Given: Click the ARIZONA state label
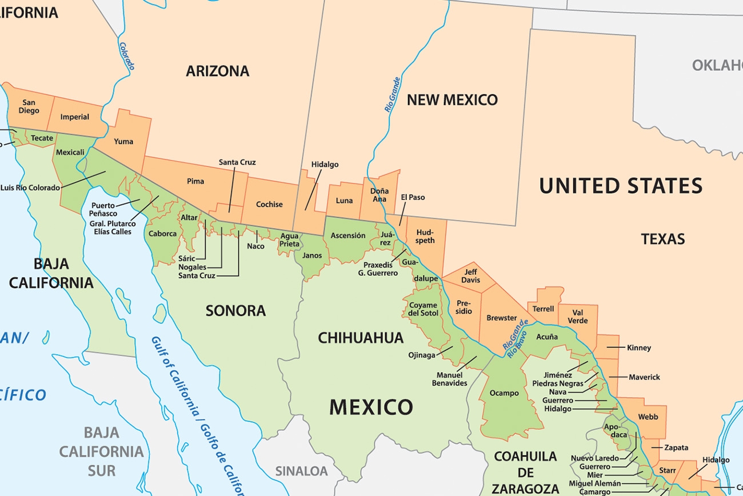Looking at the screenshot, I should [x=217, y=71].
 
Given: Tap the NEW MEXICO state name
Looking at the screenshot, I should [x=452, y=100].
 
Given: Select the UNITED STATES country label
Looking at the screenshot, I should [x=621, y=186].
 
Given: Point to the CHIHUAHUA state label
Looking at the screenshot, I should [x=361, y=338].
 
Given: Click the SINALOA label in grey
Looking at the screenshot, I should [x=302, y=471].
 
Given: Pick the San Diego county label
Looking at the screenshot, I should [x=29, y=106].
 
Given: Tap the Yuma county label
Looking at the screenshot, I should [x=123, y=141].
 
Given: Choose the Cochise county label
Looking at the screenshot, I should [x=269, y=204].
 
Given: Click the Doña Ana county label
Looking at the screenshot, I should [x=380, y=195].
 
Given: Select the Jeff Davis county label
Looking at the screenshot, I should [x=470, y=276].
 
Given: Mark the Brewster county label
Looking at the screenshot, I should [x=501, y=318].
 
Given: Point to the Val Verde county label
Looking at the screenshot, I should [x=578, y=317].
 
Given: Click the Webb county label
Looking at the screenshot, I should [x=648, y=417].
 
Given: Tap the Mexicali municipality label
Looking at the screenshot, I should [x=70, y=153].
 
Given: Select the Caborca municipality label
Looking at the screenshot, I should [x=162, y=234].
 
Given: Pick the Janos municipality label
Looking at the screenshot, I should [x=312, y=255].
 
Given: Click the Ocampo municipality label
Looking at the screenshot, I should [x=504, y=393].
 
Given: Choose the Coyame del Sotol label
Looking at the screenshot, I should [x=424, y=309].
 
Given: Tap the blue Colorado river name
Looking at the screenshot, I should [x=127, y=56].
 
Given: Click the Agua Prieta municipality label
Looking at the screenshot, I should [x=289, y=240].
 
